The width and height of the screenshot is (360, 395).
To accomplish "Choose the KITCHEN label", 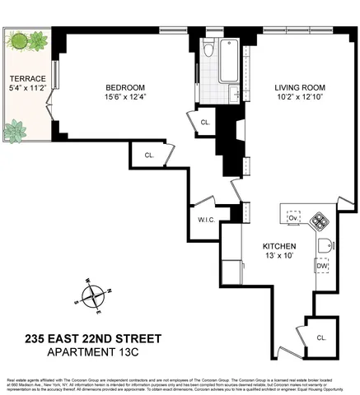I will point(279,246).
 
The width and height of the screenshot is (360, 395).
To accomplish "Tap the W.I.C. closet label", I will point(206,220).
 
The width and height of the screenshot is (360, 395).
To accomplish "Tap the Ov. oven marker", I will point(293,217).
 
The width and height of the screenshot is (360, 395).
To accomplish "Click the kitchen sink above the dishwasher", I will point(325,245).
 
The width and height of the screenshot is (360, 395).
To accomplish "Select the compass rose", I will point(96,296).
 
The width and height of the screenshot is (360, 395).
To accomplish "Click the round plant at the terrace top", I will point(16,39).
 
